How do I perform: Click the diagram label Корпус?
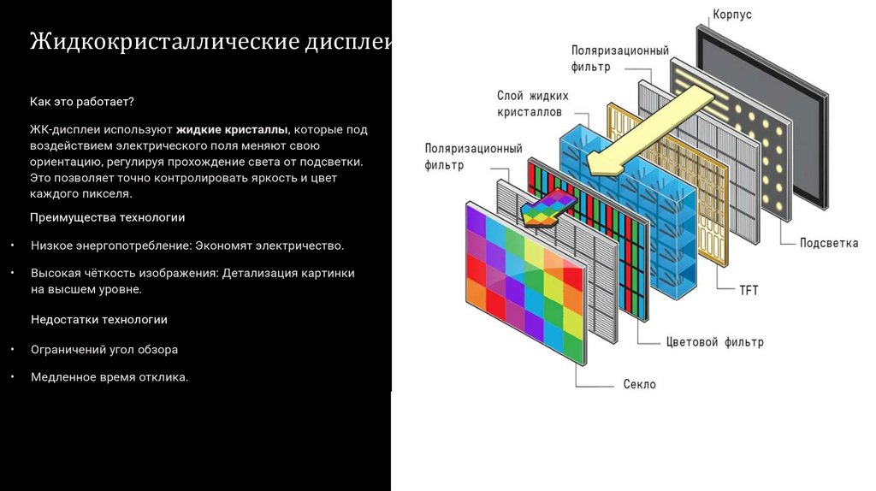[732, 15]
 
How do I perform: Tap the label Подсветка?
[828, 243]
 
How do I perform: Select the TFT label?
[749, 290]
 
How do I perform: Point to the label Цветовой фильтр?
[714, 342]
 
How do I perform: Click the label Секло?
[639, 384]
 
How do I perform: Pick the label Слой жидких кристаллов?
[532, 104]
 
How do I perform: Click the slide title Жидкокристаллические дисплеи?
[210, 42]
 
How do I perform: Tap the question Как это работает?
[82, 102]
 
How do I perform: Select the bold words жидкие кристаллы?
[234, 130]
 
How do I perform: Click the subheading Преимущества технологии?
[108, 217]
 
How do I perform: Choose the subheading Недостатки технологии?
[99, 319]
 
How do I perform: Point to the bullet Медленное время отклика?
[109, 376]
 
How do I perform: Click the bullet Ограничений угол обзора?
[104, 349]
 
